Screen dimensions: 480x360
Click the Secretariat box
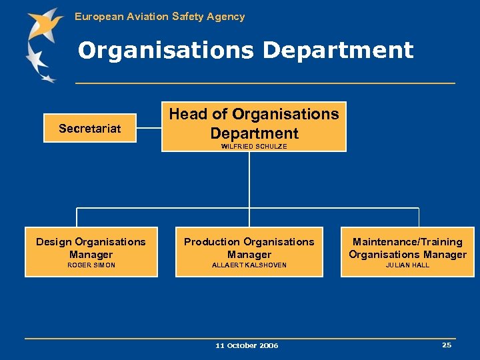tap(90, 129)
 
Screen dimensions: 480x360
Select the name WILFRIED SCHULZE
tap(253, 147)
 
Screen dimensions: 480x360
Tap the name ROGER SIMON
tap(91, 265)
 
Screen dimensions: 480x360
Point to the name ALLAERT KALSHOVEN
tap(249, 265)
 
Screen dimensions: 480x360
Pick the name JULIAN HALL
tap(407, 265)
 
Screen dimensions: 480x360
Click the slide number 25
tap(446, 345)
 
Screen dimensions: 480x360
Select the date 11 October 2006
tap(247, 345)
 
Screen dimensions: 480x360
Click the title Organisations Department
tap(245, 51)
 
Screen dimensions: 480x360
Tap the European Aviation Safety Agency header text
tap(159, 17)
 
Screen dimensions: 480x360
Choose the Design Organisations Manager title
tap(91, 248)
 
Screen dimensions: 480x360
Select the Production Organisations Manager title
tap(249, 248)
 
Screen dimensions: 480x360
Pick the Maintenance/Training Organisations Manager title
tap(407, 248)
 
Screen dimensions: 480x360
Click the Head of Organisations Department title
tap(254, 123)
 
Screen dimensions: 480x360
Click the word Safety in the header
tap(187, 17)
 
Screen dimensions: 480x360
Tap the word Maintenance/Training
tap(407, 242)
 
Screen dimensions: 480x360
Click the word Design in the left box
tap(53, 242)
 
